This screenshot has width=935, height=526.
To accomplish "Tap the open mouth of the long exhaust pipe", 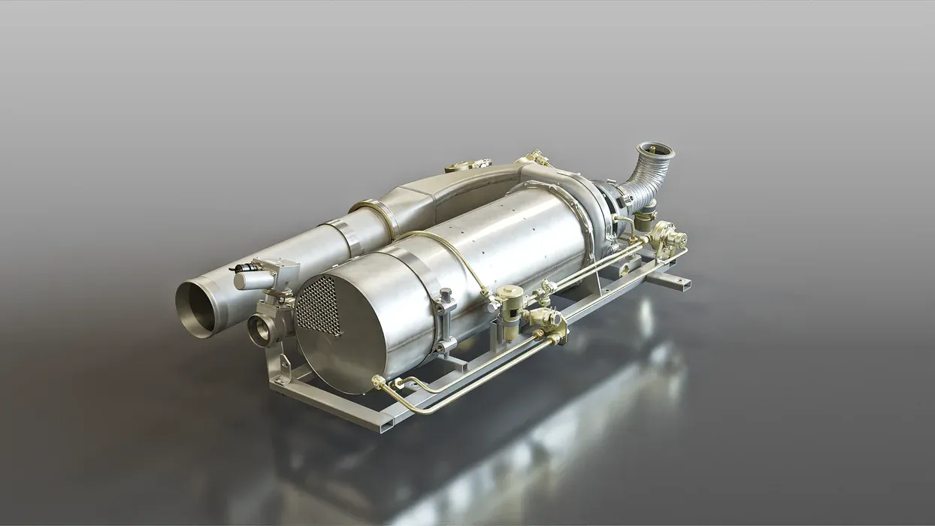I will pos(196,308).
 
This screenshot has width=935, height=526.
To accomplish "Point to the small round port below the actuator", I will pos(262,330).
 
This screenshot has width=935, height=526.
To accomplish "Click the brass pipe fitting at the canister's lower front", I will pos(380,382).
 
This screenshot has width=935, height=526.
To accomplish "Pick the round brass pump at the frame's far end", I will pos(668,238).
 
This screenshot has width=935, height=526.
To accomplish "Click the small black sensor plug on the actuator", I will pos(242,268).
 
